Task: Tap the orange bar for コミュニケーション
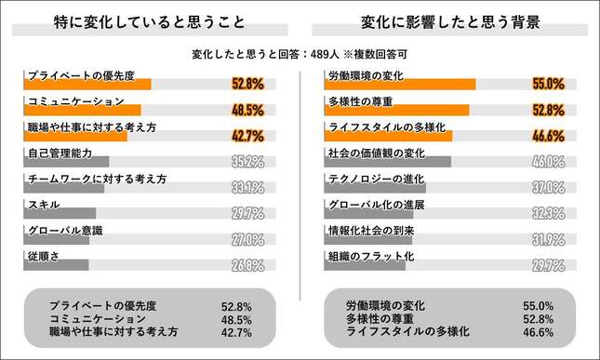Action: click(84, 110)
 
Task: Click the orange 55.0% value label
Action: click(549, 85)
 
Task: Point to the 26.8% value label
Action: click(248, 265)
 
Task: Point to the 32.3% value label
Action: click(549, 213)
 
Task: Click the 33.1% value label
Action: click(248, 188)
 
